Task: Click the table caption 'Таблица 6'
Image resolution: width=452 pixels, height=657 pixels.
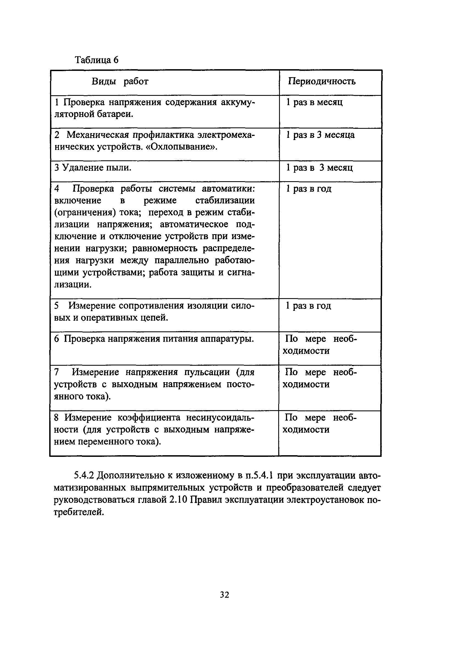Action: (x=97, y=60)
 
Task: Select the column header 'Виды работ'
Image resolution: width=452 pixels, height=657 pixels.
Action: (x=120, y=82)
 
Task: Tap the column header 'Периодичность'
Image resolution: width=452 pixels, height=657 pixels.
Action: (x=322, y=82)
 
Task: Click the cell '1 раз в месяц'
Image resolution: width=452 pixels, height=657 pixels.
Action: (x=314, y=102)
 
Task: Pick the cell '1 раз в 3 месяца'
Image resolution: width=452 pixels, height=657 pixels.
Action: (x=320, y=135)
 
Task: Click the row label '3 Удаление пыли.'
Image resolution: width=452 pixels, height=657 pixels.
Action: (x=93, y=168)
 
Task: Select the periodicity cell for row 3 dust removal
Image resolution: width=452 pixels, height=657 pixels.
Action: (x=319, y=168)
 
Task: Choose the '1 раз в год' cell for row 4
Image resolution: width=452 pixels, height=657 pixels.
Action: (x=308, y=189)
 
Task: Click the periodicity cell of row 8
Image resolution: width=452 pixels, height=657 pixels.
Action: (x=320, y=423)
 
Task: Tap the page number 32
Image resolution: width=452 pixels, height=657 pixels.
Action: (x=225, y=595)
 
